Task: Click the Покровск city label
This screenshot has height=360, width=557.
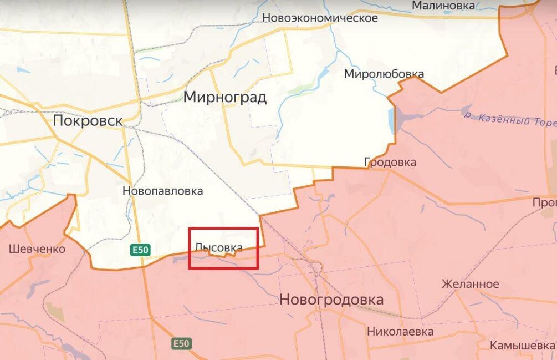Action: pyautogui.click(x=88, y=121)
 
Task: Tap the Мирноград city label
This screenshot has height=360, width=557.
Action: pyautogui.click(x=225, y=98)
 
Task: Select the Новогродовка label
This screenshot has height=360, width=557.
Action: pyautogui.click(x=331, y=300)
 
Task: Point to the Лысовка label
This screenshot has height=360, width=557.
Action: pyautogui.click(x=219, y=248)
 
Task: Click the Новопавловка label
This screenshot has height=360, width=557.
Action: pyautogui.click(x=162, y=191)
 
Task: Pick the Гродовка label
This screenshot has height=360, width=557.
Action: pyautogui.click(x=390, y=163)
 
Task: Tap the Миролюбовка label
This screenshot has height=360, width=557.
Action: pyautogui.click(x=384, y=74)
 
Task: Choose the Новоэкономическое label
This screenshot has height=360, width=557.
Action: pyautogui.click(x=320, y=18)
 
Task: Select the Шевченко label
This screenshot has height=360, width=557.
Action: pyautogui.click(x=37, y=249)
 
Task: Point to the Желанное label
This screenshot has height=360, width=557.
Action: pyautogui.click(x=470, y=284)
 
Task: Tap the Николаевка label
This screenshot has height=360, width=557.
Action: pyautogui.click(x=400, y=332)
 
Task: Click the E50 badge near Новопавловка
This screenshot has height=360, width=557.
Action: pyautogui.click(x=140, y=250)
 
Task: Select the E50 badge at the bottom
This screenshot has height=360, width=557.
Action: pyautogui.click(x=181, y=343)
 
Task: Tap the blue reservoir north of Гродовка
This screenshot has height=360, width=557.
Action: pyautogui.click(x=400, y=116)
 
